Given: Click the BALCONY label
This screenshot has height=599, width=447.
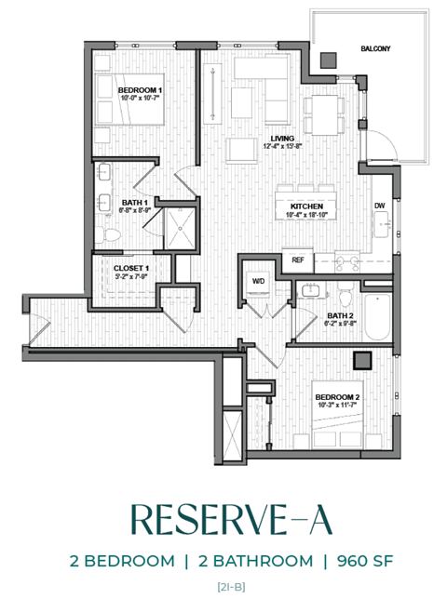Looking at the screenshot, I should (375, 48).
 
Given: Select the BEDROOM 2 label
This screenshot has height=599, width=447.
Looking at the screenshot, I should (338, 397).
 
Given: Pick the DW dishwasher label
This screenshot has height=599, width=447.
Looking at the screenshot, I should (379, 206).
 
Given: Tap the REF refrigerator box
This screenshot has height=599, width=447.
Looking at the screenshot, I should (298, 260).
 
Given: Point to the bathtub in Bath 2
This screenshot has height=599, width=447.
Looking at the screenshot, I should (378, 315).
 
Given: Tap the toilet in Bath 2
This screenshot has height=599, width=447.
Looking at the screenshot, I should (345, 297).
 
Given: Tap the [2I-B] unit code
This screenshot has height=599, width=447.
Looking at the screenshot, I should (223, 586).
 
